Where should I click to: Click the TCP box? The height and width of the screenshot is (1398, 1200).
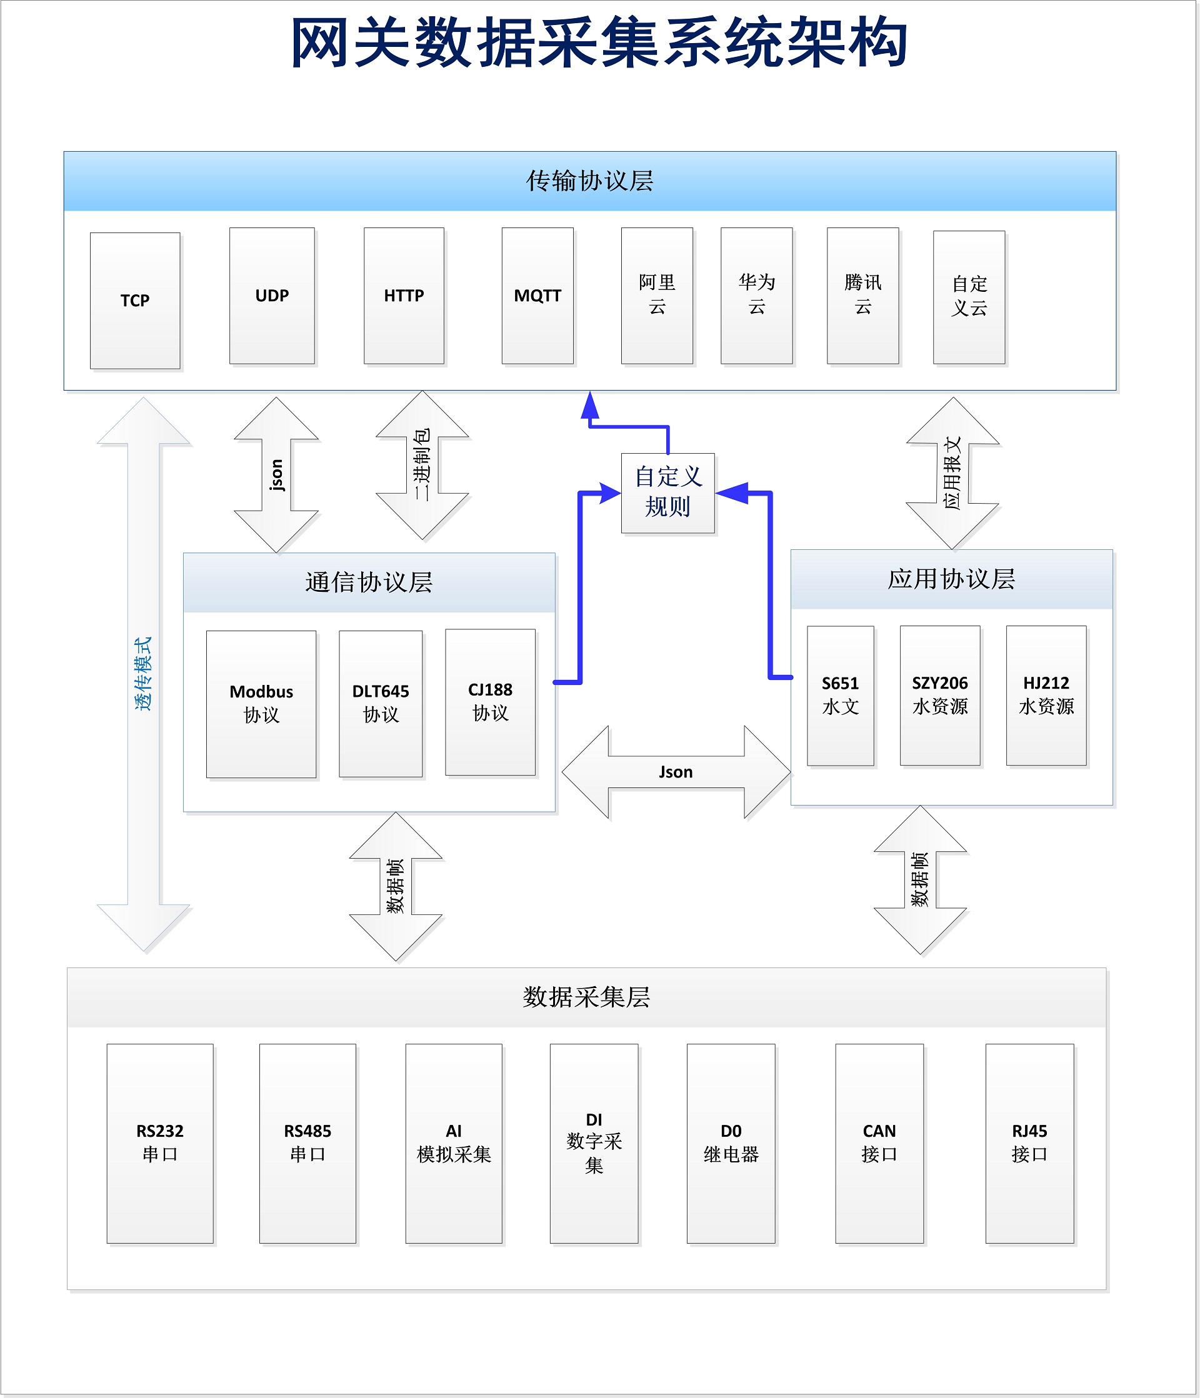(x=135, y=301)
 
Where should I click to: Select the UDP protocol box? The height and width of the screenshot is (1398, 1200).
(x=272, y=296)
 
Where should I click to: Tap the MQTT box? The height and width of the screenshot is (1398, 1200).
(x=537, y=296)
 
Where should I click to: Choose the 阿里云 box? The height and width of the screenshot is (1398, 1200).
(x=657, y=296)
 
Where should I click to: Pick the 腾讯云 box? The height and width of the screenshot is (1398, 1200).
(x=862, y=296)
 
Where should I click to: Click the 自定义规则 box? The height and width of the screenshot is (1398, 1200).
(x=667, y=492)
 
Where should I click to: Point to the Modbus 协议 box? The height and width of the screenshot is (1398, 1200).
(x=261, y=704)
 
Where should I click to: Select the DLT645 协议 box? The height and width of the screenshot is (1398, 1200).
(x=381, y=704)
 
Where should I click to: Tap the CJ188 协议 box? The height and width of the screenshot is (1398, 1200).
(x=490, y=702)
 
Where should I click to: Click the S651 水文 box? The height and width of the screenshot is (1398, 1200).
(x=840, y=695)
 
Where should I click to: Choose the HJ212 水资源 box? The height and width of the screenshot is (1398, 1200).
(x=1046, y=695)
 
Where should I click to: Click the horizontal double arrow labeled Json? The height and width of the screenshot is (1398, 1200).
(x=676, y=772)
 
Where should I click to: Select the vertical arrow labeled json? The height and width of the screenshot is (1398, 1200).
(x=276, y=474)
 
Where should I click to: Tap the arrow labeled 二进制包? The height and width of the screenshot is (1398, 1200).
(x=422, y=466)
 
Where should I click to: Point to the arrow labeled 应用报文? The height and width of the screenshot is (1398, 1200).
(x=952, y=473)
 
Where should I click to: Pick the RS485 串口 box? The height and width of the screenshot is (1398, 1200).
(x=307, y=1143)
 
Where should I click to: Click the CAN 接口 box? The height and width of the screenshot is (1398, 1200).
(x=879, y=1143)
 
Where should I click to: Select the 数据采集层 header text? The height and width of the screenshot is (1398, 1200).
(x=586, y=997)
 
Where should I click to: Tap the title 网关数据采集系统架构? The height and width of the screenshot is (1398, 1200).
(x=599, y=42)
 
